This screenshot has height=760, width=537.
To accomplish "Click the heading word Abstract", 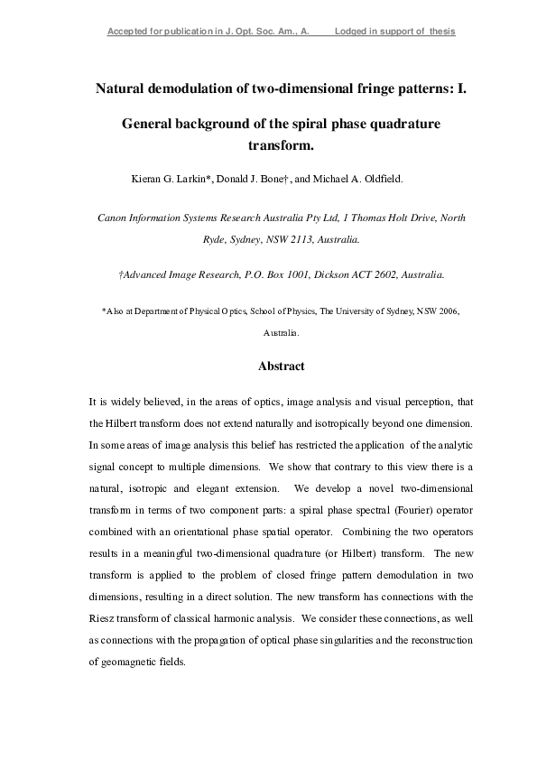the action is (x=282, y=366).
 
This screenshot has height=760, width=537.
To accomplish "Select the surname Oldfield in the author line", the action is (x=383, y=179).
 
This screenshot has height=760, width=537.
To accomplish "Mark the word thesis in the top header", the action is (x=440, y=32).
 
